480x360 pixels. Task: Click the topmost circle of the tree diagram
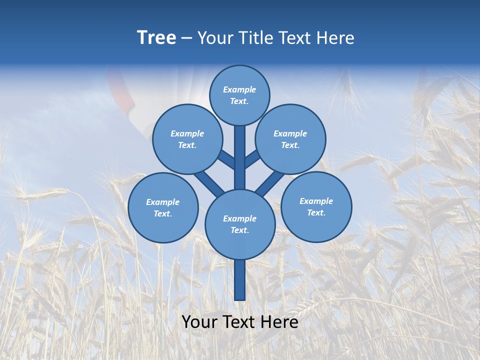click(239, 95)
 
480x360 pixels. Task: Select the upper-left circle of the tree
click(187, 139)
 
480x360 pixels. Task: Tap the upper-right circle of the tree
click(290, 139)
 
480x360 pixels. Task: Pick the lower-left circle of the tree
click(163, 207)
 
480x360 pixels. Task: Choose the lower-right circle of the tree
click(316, 206)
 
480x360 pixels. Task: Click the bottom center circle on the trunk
click(240, 224)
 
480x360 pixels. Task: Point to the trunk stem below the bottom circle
click(240, 280)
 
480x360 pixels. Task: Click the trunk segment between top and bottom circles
click(240, 160)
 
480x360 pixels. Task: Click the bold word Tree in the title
click(156, 37)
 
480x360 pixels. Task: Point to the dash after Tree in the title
click(186, 38)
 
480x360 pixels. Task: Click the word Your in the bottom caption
click(200, 322)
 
